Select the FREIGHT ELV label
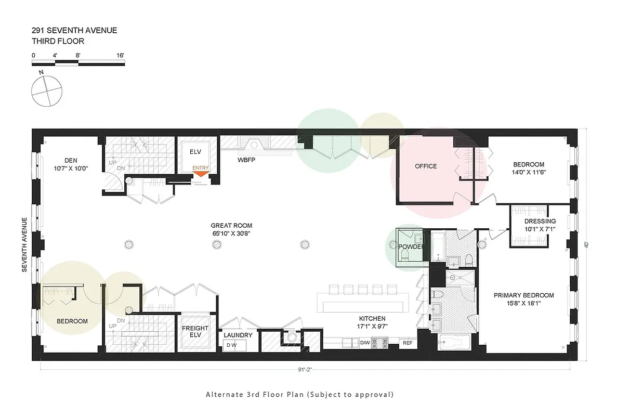[x=195, y=332]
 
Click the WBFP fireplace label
[x=246, y=159]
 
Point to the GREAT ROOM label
[x=231, y=226]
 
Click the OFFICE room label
[x=426, y=166]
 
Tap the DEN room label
[x=71, y=160]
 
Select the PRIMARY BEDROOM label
[x=523, y=295]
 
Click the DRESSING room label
[x=540, y=222]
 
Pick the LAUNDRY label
[x=238, y=335]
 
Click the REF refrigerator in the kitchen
[x=408, y=343]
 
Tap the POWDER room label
[x=411, y=246]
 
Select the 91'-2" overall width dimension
[x=305, y=370]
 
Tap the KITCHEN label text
[x=372, y=319]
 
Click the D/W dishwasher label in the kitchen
[x=365, y=343]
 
